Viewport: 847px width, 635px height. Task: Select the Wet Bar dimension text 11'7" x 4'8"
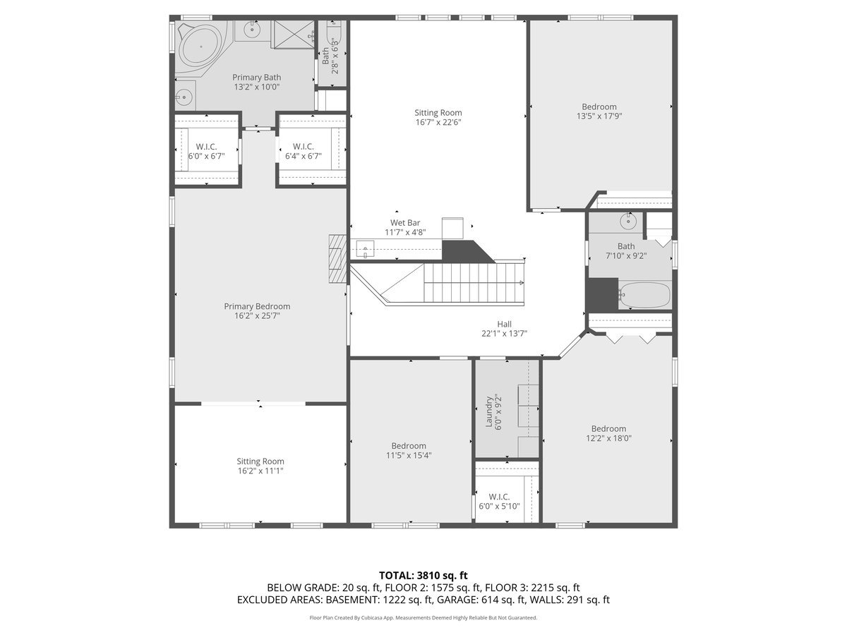click(x=405, y=232)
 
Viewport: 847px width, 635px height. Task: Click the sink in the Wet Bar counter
click(x=365, y=248)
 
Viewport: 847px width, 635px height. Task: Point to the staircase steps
click(x=473, y=282)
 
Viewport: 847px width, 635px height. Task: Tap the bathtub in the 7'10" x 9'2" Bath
click(x=644, y=295)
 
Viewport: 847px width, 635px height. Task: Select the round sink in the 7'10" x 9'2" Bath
click(x=627, y=222)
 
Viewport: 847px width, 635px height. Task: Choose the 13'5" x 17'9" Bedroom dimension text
click(x=599, y=116)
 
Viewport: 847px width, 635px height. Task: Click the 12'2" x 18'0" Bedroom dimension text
click(x=608, y=438)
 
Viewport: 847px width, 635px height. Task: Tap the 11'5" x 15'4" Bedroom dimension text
click(x=409, y=455)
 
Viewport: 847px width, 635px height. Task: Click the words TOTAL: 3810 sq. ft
click(x=423, y=575)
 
